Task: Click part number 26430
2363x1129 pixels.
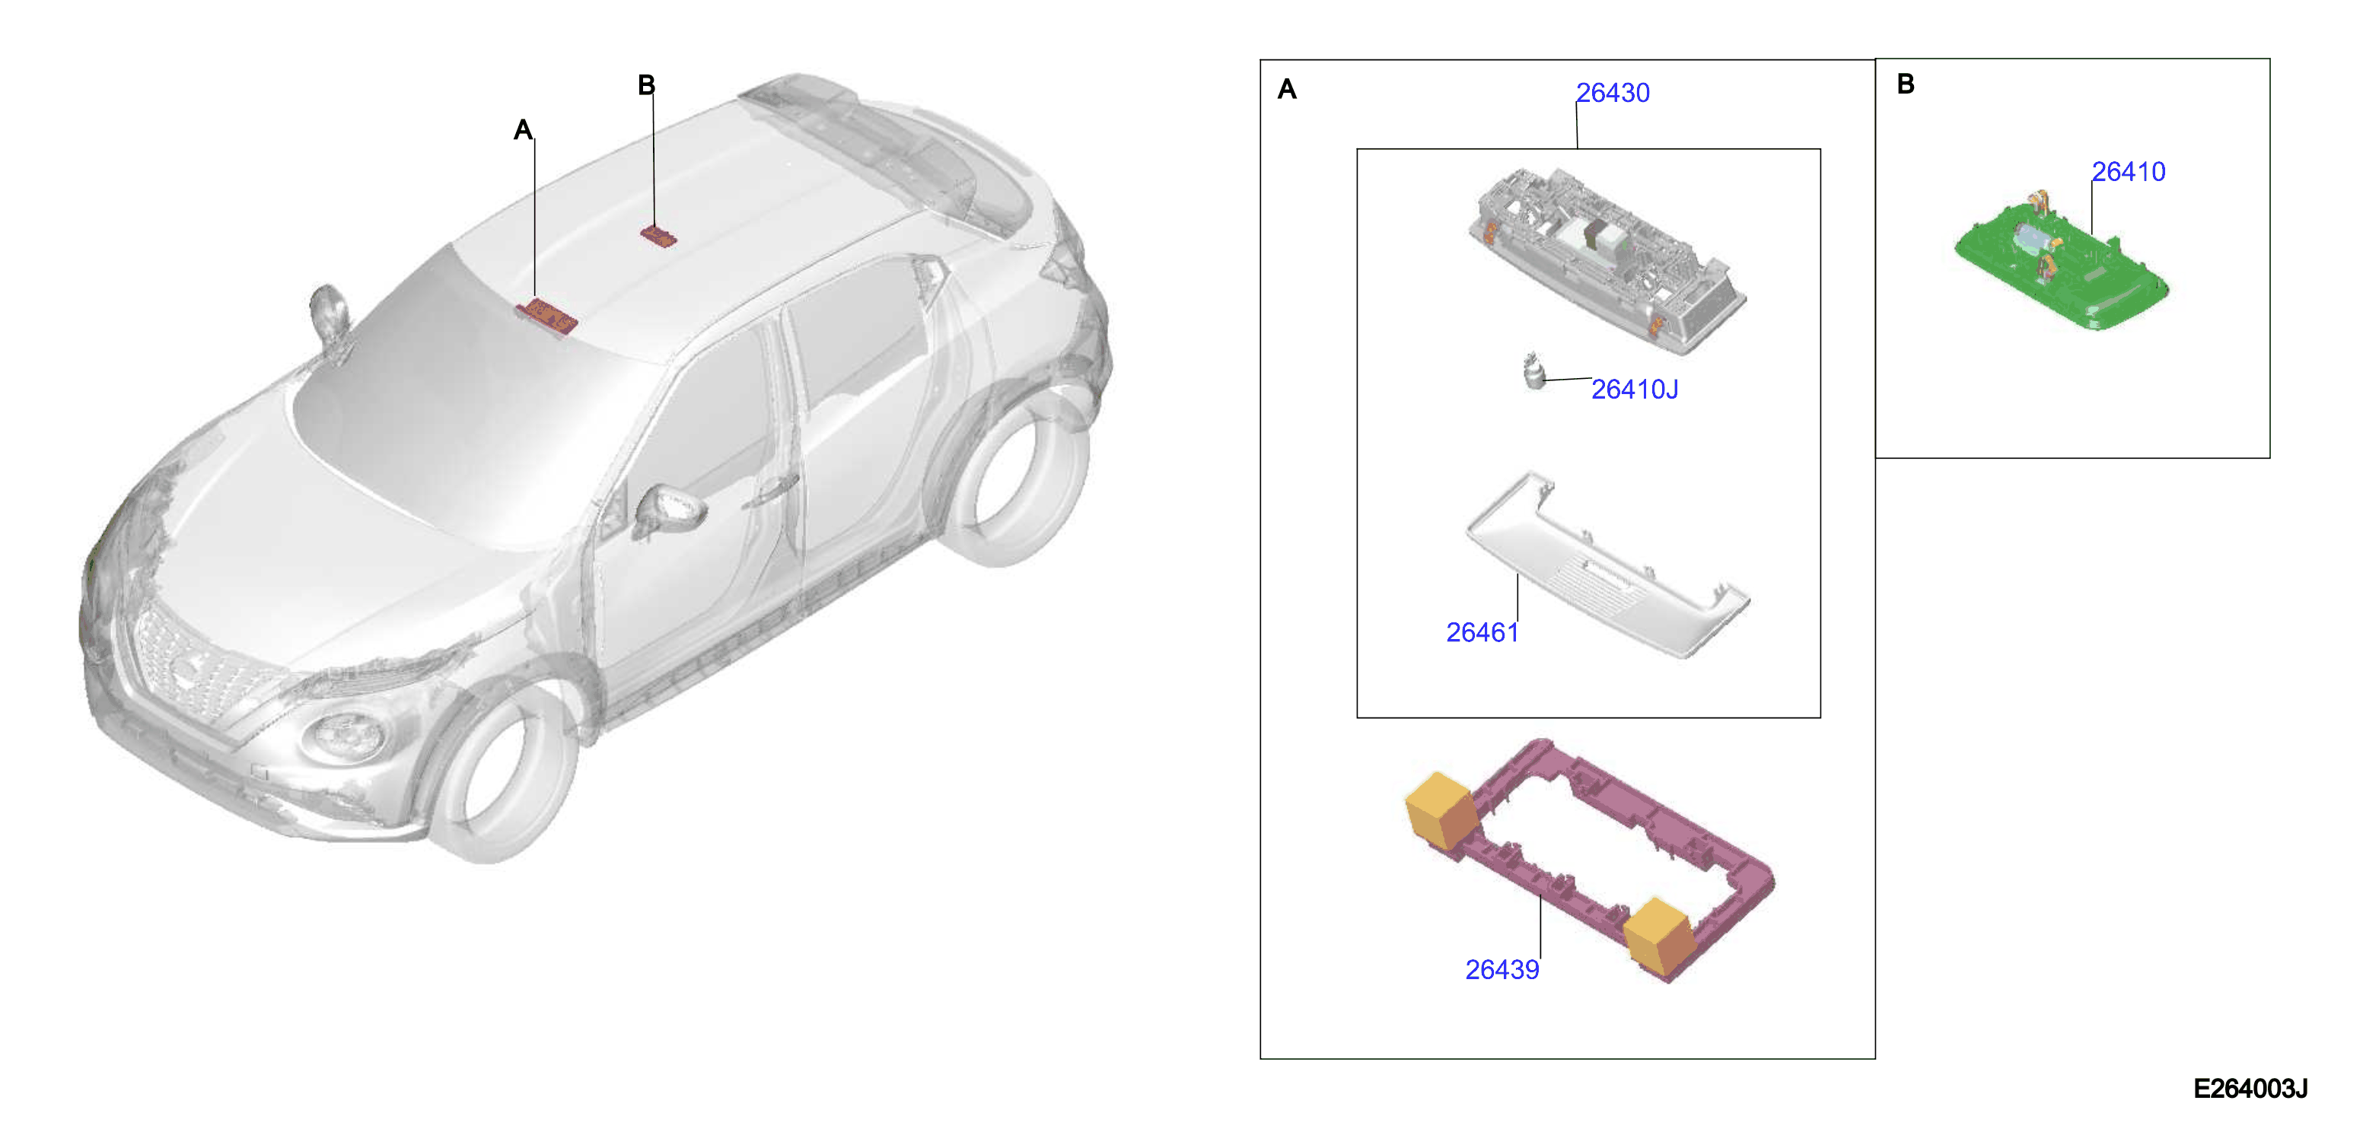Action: pyautogui.click(x=1612, y=93)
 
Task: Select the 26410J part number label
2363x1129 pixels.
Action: pyautogui.click(x=1634, y=390)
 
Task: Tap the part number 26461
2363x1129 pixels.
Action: pyautogui.click(x=1482, y=632)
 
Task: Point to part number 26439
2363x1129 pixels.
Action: pyautogui.click(x=1502, y=969)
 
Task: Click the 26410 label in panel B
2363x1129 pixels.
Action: pyautogui.click(x=2128, y=171)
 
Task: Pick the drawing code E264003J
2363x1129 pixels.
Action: pyautogui.click(x=2250, y=1089)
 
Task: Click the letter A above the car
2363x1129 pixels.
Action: pyautogui.click(x=523, y=129)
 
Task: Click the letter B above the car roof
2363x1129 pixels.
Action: pyautogui.click(x=647, y=85)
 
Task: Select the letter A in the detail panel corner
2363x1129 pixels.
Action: pyautogui.click(x=1287, y=89)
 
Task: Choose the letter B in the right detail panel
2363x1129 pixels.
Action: pyautogui.click(x=1906, y=84)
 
